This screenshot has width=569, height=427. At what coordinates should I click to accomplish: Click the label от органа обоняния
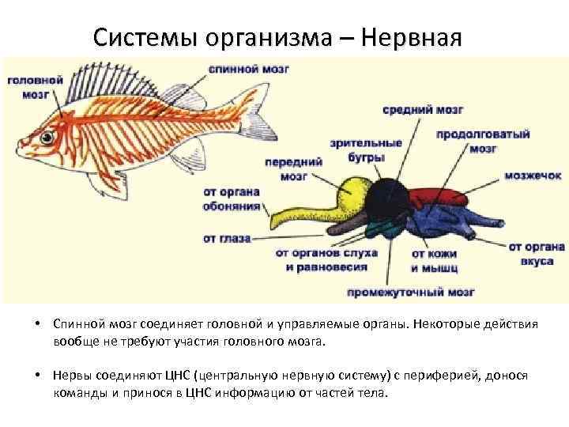[x=232, y=198]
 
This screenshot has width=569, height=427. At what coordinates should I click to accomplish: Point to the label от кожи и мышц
[x=435, y=260]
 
